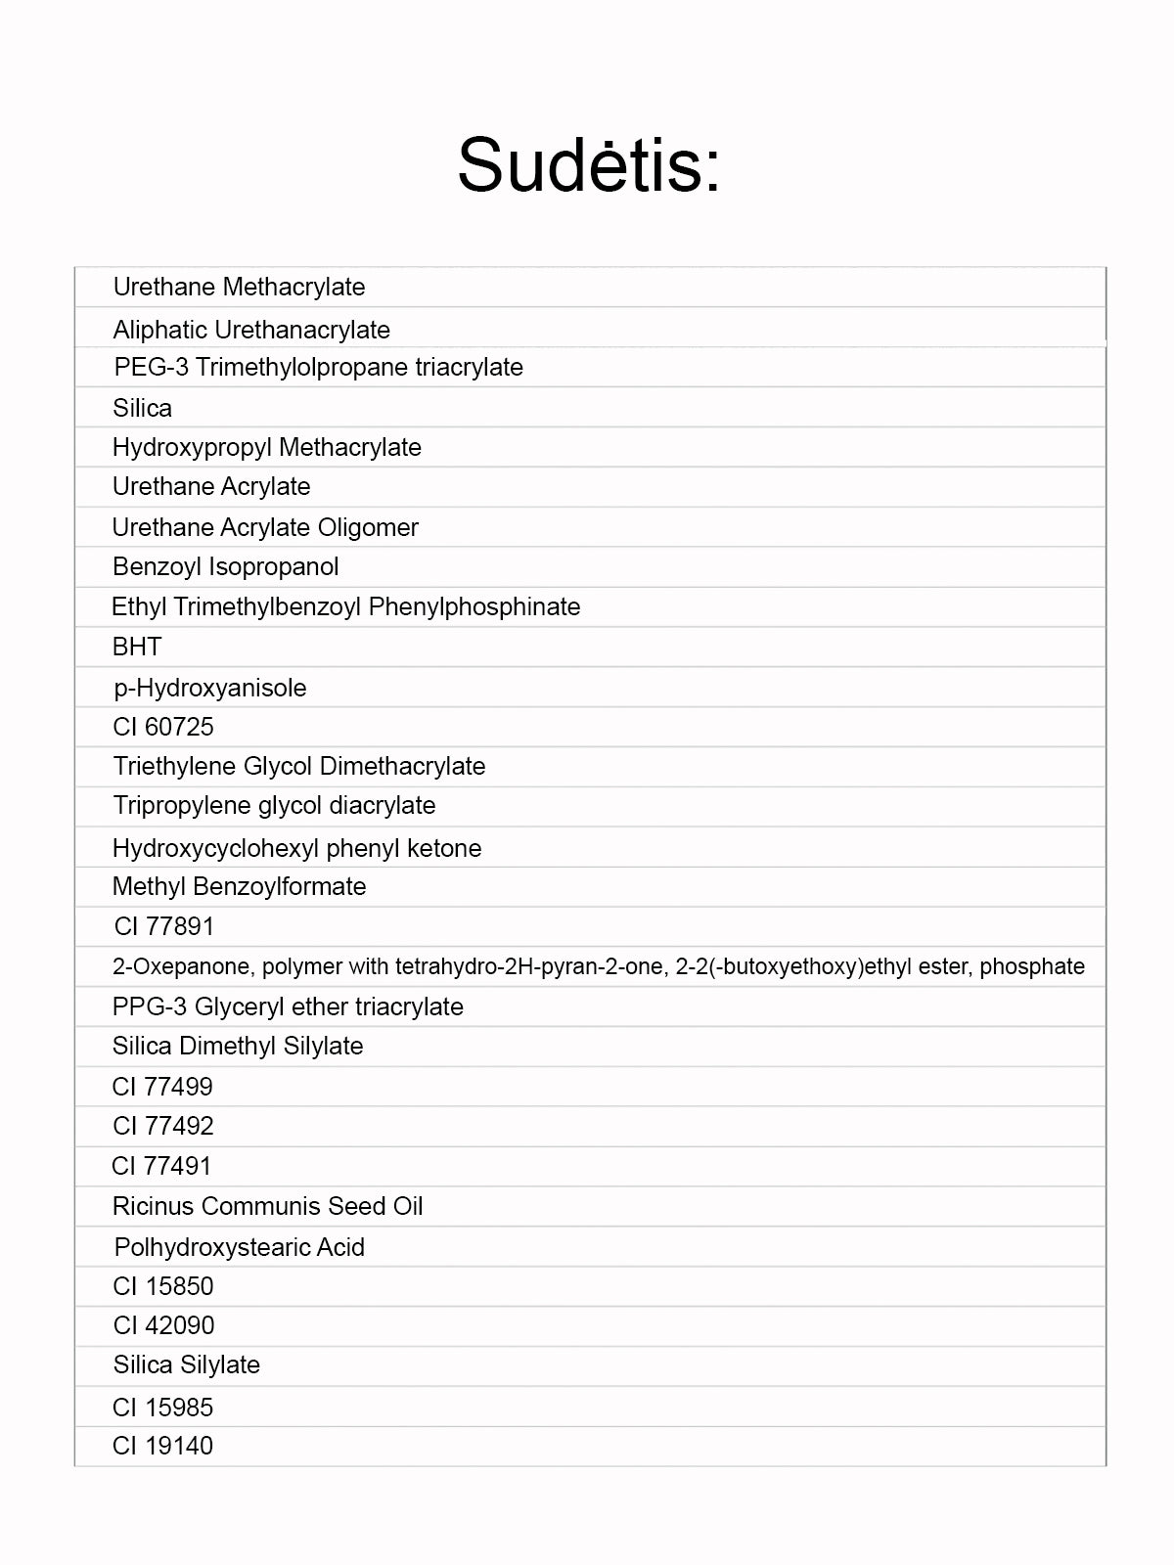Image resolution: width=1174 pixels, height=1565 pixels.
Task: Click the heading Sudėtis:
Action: coord(589,164)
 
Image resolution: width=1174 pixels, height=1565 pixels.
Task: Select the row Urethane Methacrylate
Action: coord(239,287)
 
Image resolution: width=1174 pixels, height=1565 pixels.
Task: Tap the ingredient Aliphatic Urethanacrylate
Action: coord(251,330)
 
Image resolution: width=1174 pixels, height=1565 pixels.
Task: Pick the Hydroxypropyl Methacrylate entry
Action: coord(267,447)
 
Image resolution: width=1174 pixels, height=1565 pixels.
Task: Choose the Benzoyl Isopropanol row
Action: coord(226,566)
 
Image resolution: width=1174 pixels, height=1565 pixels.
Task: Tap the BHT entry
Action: coord(137,647)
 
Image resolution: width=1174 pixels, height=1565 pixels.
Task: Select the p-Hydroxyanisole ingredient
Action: coord(210,688)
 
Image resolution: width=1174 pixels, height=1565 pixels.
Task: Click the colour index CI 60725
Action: coord(163,727)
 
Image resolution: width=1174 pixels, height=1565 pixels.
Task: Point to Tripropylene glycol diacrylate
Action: coord(274,805)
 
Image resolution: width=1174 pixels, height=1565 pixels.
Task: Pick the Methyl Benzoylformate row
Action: coord(240,886)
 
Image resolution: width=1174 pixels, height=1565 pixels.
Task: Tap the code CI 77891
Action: coord(163,926)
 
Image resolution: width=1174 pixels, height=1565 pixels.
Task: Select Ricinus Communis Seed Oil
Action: coord(268,1206)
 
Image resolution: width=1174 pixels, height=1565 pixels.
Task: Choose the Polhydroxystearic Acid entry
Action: coord(240,1247)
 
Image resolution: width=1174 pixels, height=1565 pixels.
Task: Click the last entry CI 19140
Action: coord(163,1446)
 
